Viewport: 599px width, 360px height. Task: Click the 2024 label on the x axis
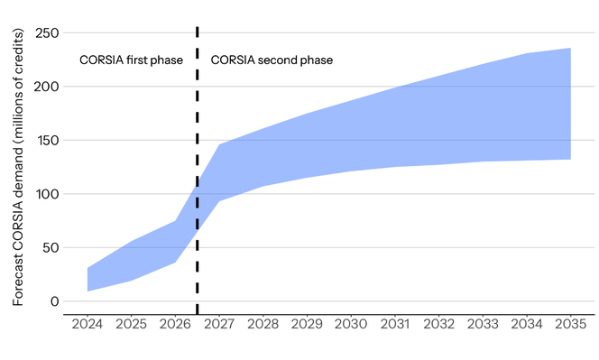[88, 322]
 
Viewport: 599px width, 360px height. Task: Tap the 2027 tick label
[219, 322]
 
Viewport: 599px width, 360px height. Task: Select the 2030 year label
[351, 322]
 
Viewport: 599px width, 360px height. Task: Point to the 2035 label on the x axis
[570, 322]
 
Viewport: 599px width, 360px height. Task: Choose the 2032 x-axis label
[438, 322]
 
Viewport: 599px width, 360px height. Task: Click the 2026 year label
[175, 322]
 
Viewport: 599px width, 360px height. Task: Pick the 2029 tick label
[307, 322]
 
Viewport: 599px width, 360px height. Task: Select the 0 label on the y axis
[53, 301]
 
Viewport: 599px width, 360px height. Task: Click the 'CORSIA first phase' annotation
[132, 60]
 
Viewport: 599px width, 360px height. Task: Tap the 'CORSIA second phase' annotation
[272, 60]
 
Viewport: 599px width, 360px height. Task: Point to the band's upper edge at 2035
[570, 49]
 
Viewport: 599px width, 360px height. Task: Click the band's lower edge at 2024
[88, 291]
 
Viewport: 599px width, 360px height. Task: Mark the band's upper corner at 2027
[219, 145]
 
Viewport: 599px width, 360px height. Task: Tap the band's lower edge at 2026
[175, 263]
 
